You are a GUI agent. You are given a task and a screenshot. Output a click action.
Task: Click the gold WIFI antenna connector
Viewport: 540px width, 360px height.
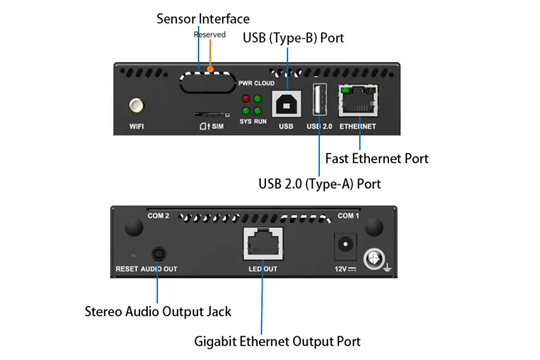click(x=136, y=106)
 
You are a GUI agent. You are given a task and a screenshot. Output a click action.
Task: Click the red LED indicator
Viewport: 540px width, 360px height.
click(x=246, y=99)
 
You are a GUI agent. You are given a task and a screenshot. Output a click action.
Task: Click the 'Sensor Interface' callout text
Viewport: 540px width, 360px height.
click(x=202, y=19)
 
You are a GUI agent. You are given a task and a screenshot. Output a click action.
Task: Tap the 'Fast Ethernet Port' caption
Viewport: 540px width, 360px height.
click(x=377, y=158)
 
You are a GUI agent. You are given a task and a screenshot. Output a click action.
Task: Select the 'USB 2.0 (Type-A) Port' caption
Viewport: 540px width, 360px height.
click(x=319, y=184)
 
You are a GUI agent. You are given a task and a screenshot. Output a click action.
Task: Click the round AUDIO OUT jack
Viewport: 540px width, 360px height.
click(x=157, y=253)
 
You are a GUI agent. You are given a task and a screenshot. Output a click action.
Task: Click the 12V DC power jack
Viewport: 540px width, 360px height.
click(x=345, y=246)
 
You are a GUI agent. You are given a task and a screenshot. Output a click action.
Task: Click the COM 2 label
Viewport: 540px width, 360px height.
click(x=158, y=216)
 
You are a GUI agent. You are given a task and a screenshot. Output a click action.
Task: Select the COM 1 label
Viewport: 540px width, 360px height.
click(x=346, y=216)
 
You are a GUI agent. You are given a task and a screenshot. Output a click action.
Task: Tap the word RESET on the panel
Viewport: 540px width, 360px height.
click(x=127, y=269)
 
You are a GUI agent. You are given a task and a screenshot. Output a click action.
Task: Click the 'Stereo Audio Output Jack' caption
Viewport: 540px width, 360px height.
click(x=158, y=311)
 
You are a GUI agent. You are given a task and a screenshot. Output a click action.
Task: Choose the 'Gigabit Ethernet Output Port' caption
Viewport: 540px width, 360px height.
click(x=277, y=341)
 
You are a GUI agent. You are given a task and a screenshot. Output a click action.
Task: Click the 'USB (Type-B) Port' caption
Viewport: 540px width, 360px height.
click(x=293, y=38)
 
